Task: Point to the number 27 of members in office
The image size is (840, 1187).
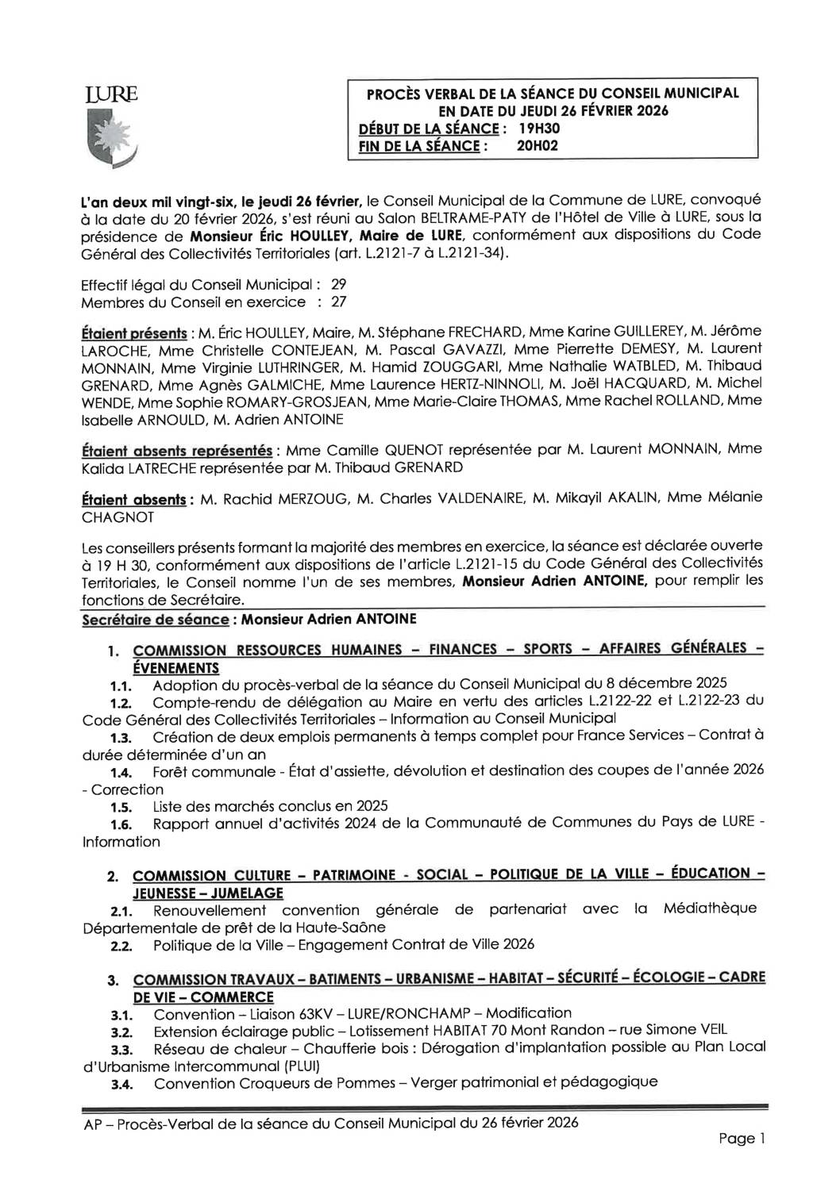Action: click(x=337, y=302)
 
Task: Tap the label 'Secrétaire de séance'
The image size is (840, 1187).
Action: click(x=143, y=617)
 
